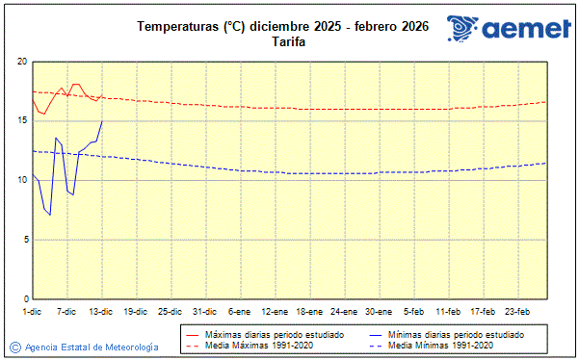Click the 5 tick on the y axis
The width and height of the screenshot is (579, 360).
[24, 240]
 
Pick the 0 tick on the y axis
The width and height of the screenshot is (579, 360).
[24, 299]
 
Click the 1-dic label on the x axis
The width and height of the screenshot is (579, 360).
[32, 311]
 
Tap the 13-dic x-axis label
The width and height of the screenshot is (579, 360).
[101, 311]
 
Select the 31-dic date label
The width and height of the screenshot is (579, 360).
[204, 311]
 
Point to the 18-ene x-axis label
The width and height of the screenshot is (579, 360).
[308, 311]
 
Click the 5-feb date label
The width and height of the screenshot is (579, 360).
[414, 311]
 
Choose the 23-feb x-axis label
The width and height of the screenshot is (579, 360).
[518, 311]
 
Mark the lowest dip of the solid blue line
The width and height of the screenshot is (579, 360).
[50, 215]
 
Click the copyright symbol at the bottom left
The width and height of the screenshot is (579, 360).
[15, 347]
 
